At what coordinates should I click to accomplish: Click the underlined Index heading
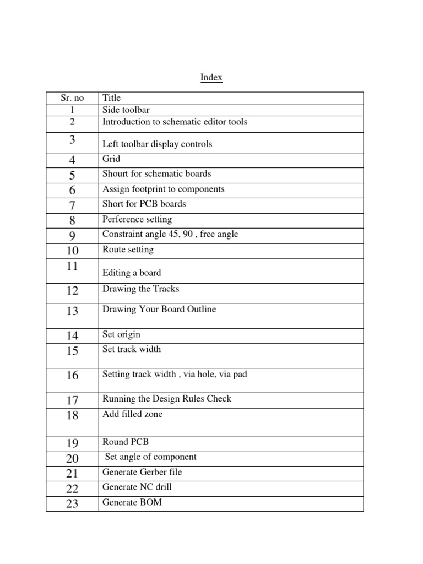(211, 78)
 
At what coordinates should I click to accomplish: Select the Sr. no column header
(72, 98)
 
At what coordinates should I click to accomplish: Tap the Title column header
(111, 98)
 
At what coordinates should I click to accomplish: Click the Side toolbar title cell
(126, 110)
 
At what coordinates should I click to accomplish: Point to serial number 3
(72, 140)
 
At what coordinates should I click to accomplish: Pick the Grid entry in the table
(111, 159)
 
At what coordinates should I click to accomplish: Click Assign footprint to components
(164, 189)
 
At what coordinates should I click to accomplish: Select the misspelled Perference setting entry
(137, 219)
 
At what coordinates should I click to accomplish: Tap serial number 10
(72, 251)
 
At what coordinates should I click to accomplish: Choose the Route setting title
(128, 250)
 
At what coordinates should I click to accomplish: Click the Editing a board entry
(132, 273)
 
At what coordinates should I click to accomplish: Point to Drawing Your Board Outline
(159, 309)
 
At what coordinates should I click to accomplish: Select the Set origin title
(121, 334)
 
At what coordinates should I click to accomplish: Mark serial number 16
(72, 376)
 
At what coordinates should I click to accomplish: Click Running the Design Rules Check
(167, 399)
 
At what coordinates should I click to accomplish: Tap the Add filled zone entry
(133, 414)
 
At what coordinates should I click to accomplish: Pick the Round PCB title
(126, 442)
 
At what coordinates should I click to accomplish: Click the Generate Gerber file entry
(142, 472)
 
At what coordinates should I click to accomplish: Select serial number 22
(72, 489)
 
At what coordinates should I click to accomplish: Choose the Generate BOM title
(132, 502)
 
